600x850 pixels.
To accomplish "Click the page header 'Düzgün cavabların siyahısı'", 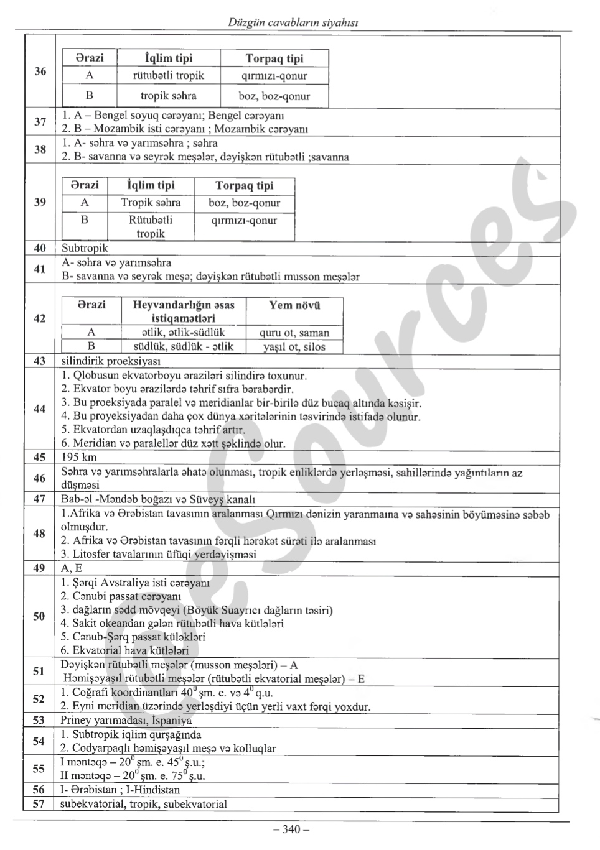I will [x=292, y=22].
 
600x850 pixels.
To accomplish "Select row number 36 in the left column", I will [x=40, y=71].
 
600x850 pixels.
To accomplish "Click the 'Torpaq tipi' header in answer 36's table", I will [x=274, y=58].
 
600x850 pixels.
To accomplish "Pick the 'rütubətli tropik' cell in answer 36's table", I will [x=168, y=76].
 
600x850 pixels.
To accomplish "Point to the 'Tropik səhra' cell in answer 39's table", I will [x=151, y=203].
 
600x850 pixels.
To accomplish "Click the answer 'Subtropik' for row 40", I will [x=85, y=248].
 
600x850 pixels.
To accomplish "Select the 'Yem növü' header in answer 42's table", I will [x=294, y=305].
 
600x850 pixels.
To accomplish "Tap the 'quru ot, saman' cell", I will [x=294, y=333].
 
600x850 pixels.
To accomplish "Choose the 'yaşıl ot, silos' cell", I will [x=294, y=347].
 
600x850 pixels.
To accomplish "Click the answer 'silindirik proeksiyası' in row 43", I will [x=111, y=361].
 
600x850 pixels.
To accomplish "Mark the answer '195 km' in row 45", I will [x=79, y=457].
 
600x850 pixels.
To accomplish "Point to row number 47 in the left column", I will [x=40, y=499].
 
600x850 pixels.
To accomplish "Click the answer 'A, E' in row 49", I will [x=72, y=568].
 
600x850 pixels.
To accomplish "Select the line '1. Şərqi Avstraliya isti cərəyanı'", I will [x=135, y=583].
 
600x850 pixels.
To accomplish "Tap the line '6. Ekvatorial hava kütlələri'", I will [x=124, y=650].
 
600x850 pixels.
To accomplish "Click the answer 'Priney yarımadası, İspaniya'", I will [x=126, y=720].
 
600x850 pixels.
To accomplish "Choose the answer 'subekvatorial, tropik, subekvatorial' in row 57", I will [x=143, y=804].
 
